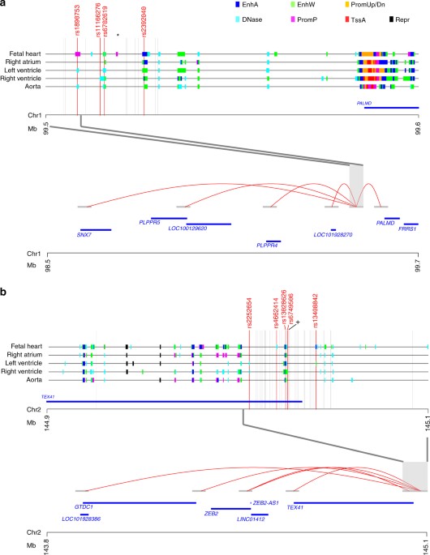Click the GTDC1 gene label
coord(83,506)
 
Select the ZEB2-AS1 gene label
coord(267,502)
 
